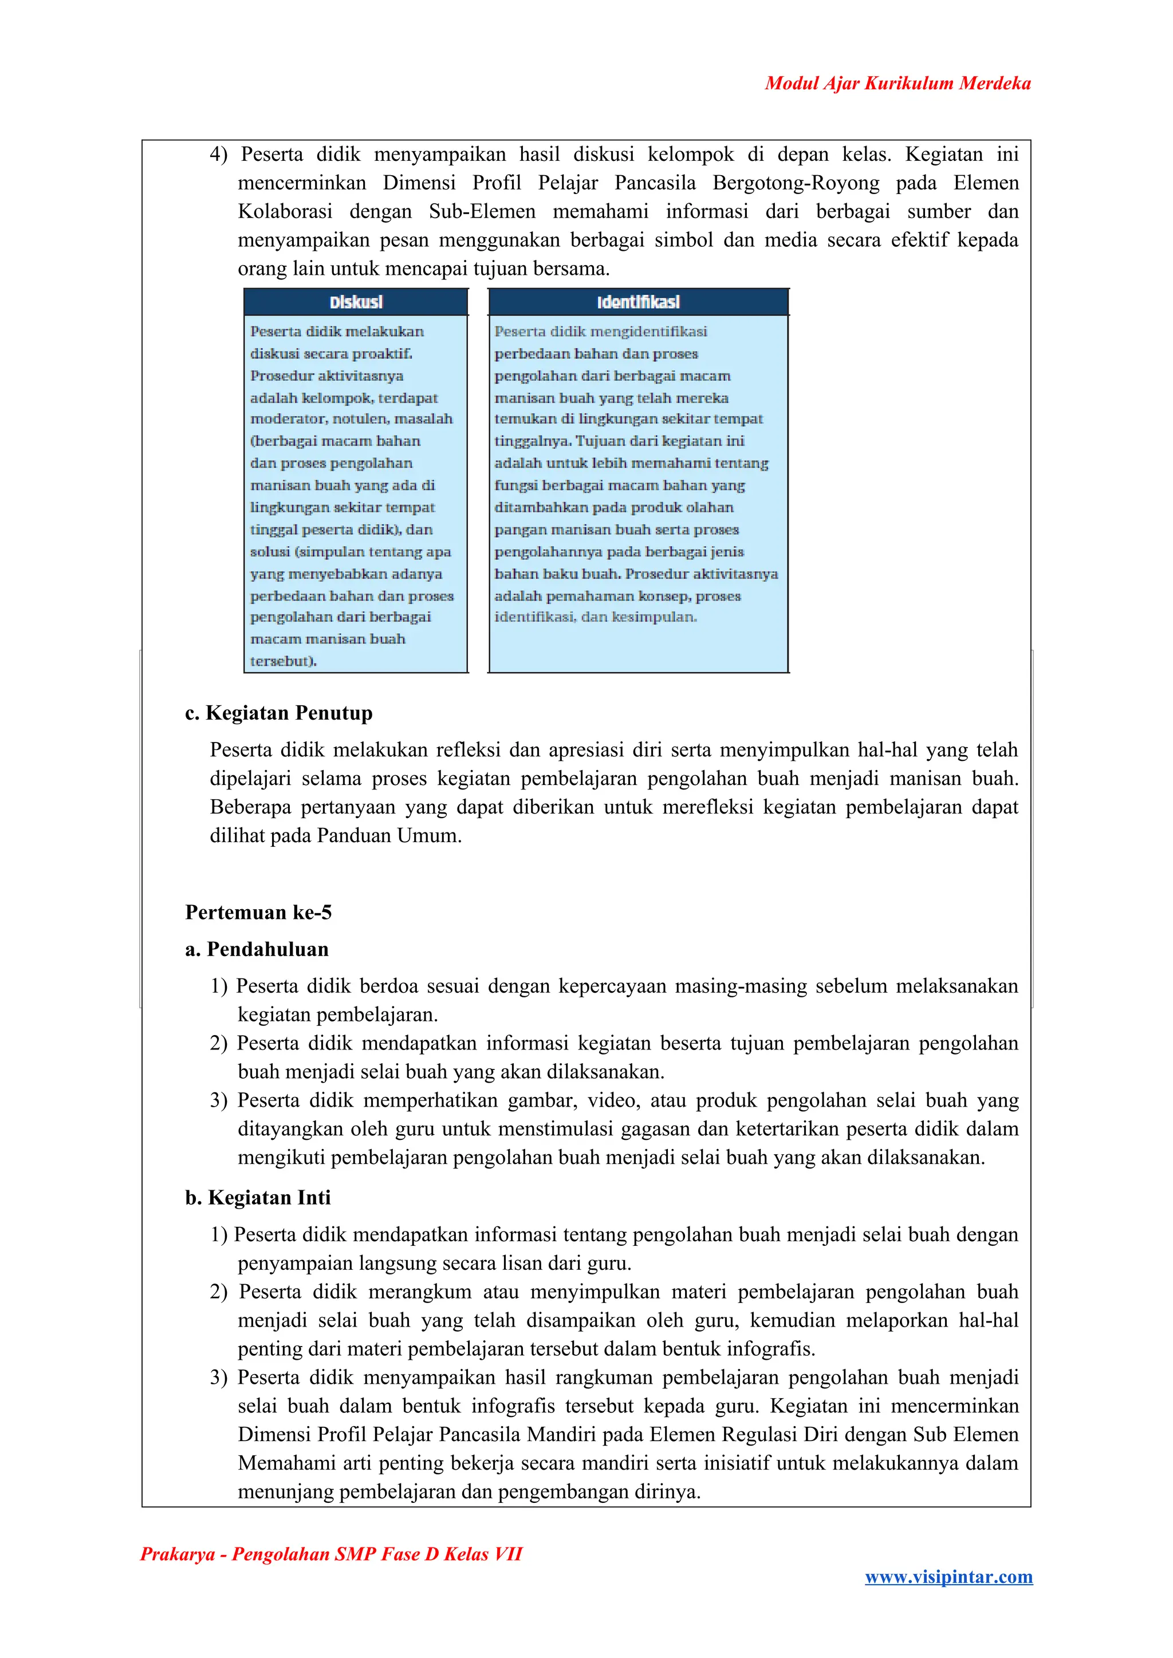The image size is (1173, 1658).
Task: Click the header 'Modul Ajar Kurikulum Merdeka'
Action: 897,83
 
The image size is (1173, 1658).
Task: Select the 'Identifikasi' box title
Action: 638,302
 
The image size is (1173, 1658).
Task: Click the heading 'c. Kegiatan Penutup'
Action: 279,713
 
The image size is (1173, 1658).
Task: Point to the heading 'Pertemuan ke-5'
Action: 258,912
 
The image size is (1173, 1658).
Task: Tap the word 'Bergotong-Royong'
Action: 796,183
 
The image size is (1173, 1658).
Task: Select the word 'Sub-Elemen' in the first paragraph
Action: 482,212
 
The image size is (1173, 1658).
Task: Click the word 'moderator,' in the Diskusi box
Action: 288,419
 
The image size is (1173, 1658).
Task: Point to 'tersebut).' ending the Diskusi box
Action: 283,661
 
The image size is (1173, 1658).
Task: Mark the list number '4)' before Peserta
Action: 218,155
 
